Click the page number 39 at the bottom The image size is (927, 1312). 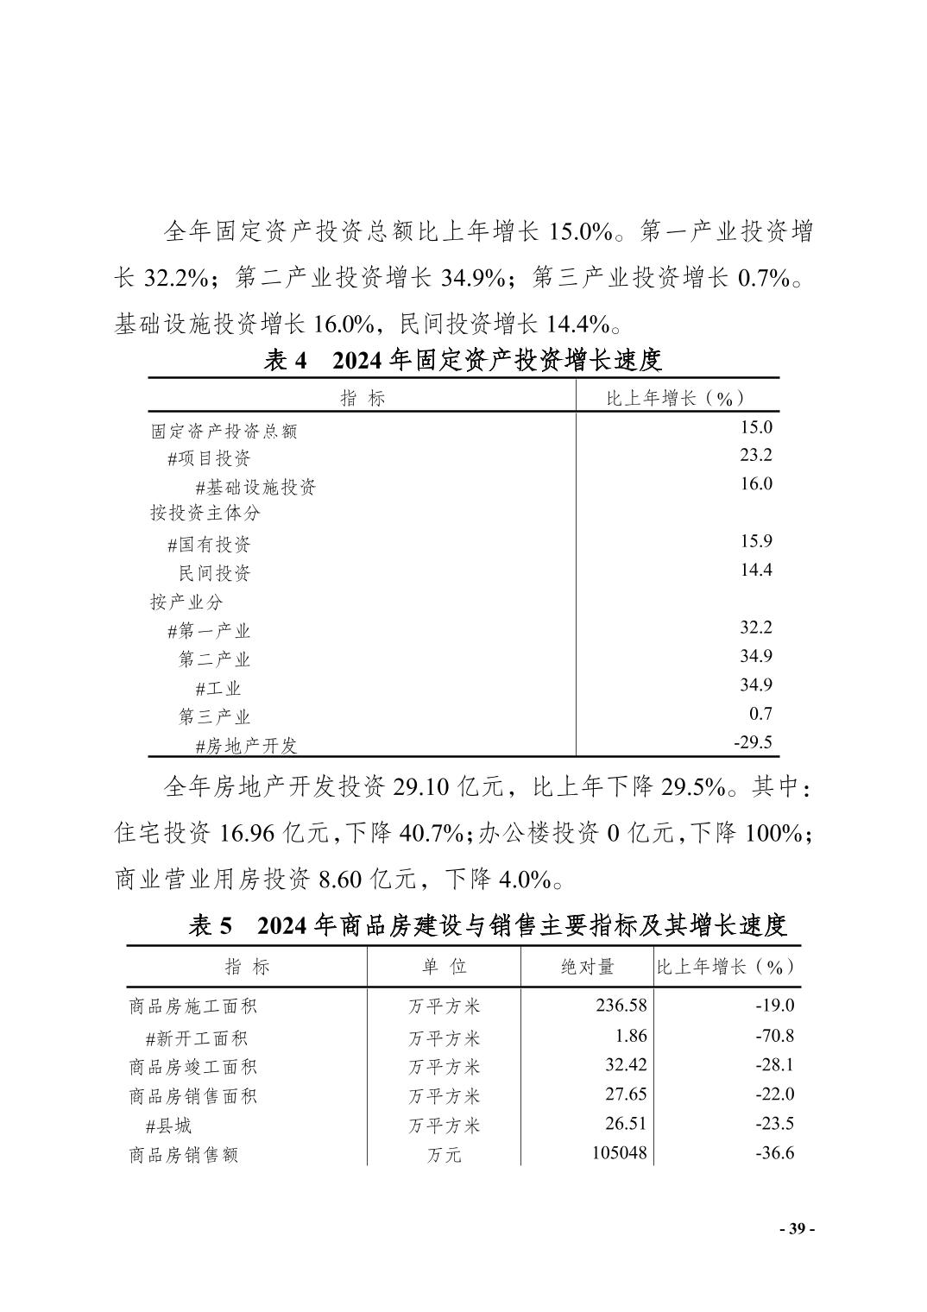[796, 1229]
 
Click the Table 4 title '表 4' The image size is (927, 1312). [286, 361]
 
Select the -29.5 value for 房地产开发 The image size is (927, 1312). [753, 742]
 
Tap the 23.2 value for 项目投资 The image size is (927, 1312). [755, 455]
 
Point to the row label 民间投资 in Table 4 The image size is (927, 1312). [214, 573]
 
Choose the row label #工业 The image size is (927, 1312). [218, 688]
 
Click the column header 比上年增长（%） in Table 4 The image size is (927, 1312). [676, 398]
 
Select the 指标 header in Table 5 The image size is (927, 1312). [247, 967]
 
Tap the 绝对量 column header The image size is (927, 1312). [587, 967]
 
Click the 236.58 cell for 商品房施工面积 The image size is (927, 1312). [621, 1006]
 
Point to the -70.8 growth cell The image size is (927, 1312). [774, 1036]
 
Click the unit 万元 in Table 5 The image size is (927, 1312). [444, 1155]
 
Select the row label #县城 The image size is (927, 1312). [168, 1126]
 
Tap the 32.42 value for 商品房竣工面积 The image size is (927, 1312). [626, 1065]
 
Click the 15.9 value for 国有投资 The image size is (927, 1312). [755, 541]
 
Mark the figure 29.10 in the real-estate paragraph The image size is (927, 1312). [421, 787]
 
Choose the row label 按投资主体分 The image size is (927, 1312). [205, 514]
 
